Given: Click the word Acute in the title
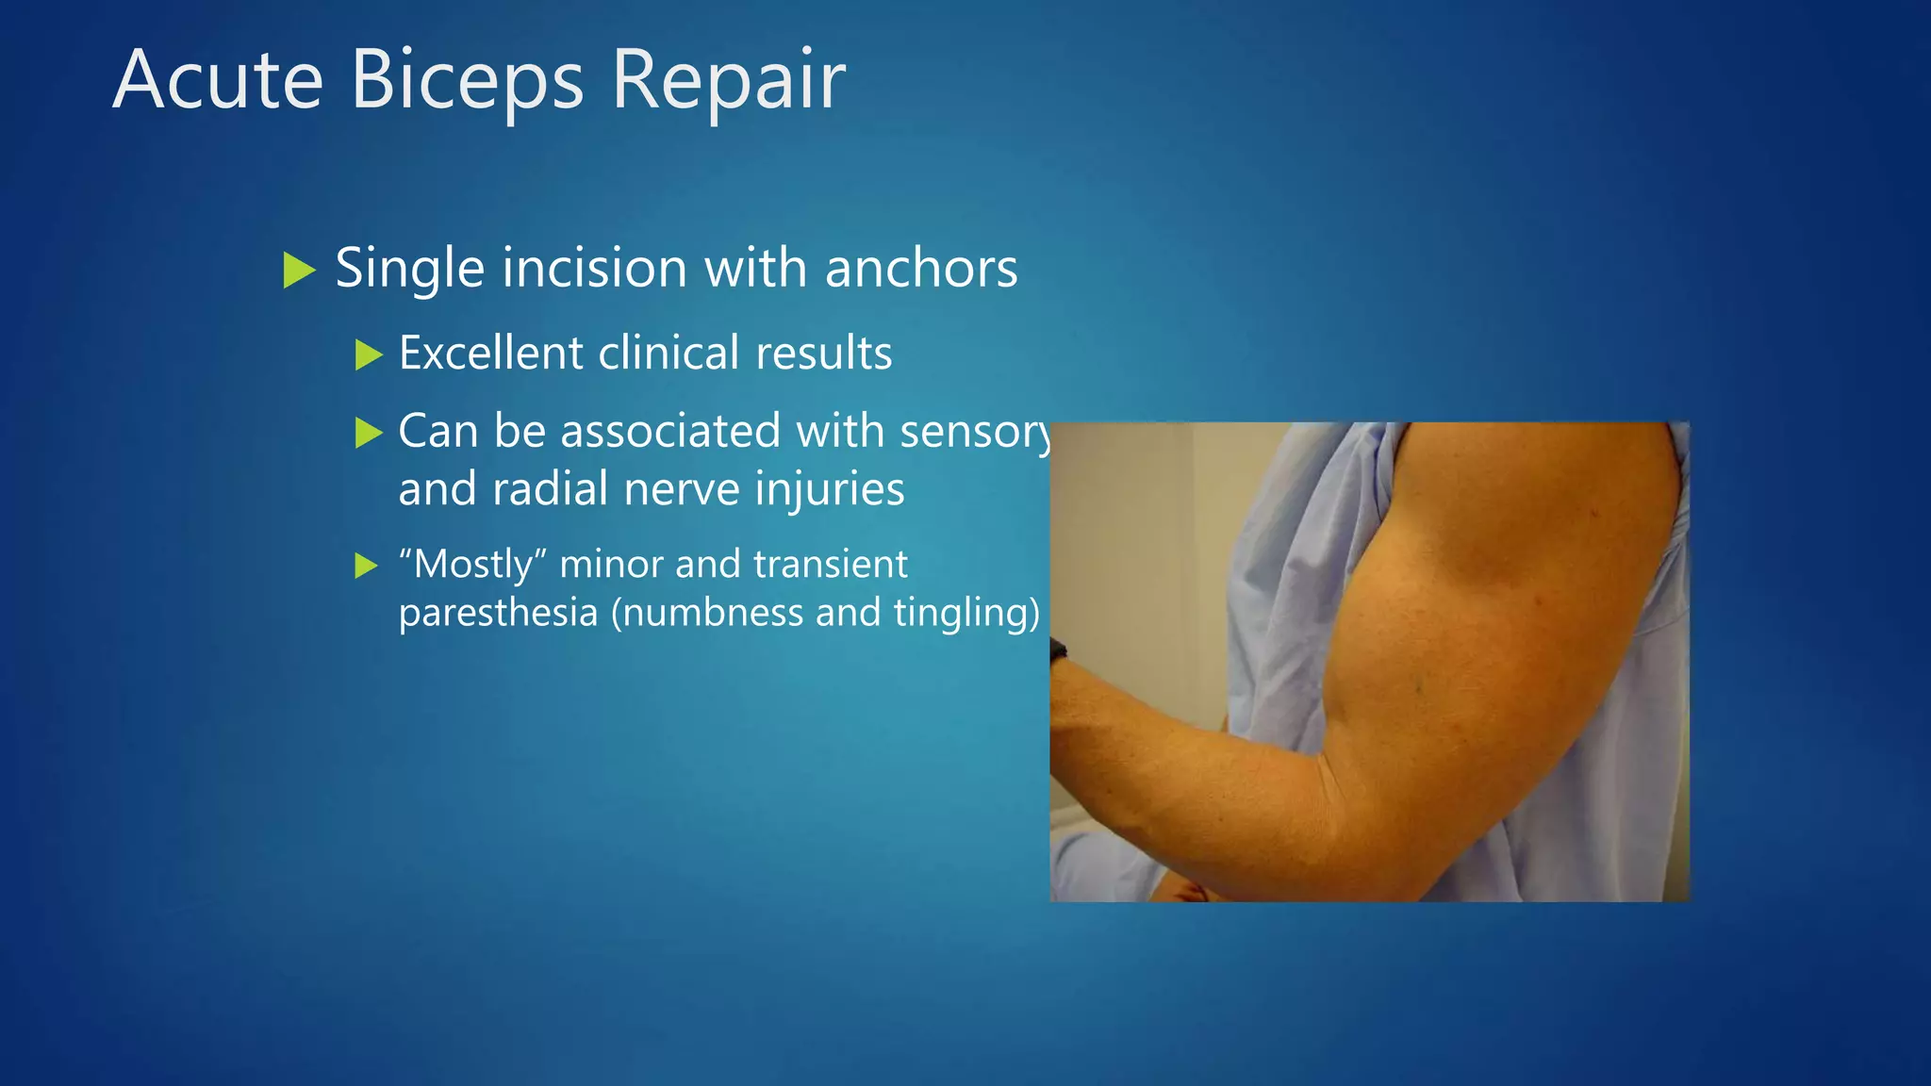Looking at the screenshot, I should pyautogui.click(x=218, y=80).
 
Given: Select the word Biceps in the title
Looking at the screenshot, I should pyautogui.click(x=467, y=80).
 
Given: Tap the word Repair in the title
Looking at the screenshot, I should pyautogui.click(x=728, y=80).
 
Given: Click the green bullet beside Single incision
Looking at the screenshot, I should pyautogui.click(x=299, y=271).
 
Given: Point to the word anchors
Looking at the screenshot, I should pyautogui.click(x=921, y=269).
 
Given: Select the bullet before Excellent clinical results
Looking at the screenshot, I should pyautogui.click(x=369, y=355).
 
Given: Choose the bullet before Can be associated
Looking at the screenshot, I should pyautogui.click(x=369, y=434).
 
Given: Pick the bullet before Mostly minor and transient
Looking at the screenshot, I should pyautogui.click(x=366, y=567).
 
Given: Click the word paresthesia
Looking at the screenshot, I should pyautogui.click(x=498, y=613).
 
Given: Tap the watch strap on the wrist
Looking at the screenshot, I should pyautogui.click(x=1058, y=650).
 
